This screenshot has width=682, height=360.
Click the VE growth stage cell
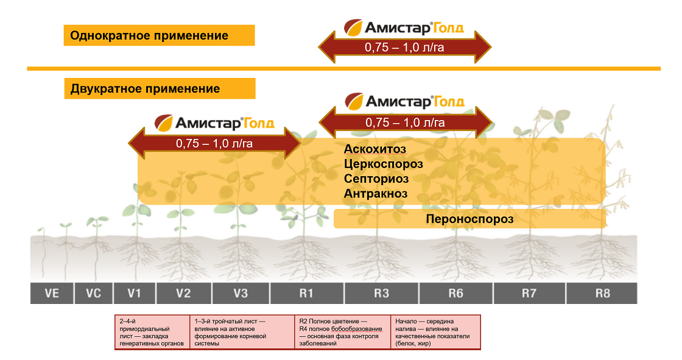click(52, 293)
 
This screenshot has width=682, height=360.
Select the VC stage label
click(93, 293)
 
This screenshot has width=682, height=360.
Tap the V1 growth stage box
click(134, 293)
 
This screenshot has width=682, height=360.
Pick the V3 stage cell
click(241, 293)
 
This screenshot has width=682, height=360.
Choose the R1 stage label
click(306, 293)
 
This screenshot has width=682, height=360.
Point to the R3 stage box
click(381, 293)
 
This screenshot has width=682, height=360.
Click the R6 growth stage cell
click(455, 293)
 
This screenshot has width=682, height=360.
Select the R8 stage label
click(602, 293)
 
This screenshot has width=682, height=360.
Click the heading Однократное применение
click(149, 35)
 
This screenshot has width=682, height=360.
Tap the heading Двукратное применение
click(145, 89)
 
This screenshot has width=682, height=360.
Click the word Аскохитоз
click(374, 149)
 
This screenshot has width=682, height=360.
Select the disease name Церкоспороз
click(383, 164)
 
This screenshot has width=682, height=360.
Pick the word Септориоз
click(376, 179)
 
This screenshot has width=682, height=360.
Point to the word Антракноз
click(375, 194)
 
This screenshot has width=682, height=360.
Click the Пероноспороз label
click(469, 219)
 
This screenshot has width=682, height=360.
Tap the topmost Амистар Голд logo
click(404, 27)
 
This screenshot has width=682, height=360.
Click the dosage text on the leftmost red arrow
click(214, 144)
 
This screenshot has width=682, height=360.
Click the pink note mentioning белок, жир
click(435, 332)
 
